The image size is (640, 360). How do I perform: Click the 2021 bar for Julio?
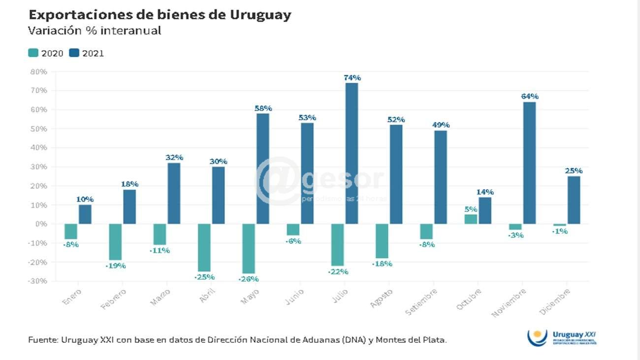click(x=352, y=153)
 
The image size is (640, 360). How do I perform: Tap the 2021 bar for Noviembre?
click(x=529, y=163)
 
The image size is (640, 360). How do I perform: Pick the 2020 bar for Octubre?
click(x=471, y=219)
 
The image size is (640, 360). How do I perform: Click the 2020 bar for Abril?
click(x=204, y=248)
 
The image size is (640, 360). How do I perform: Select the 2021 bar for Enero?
click(x=85, y=214)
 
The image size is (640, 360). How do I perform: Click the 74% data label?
click(x=352, y=78)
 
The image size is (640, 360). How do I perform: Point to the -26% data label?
click(x=249, y=279)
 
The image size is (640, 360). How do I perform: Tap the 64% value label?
click(x=530, y=97)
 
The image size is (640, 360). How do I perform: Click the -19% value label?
click(x=116, y=266)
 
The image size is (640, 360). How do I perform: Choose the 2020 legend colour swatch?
click(x=33, y=53)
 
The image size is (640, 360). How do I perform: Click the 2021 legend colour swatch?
click(x=74, y=53)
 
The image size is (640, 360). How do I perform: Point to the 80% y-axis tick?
click(x=38, y=72)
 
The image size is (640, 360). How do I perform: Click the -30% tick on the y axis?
click(x=38, y=281)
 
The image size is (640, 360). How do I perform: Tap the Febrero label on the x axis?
click(x=114, y=298)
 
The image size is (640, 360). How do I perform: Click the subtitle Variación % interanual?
click(x=95, y=31)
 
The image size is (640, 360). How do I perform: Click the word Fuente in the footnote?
click(x=42, y=340)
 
